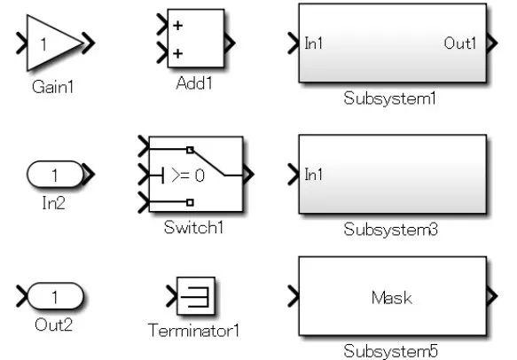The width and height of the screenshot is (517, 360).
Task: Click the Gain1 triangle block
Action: click(x=51, y=42)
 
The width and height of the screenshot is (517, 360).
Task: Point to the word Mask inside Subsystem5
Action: click(x=391, y=299)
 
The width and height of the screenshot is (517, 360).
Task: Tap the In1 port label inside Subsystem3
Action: click(x=314, y=175)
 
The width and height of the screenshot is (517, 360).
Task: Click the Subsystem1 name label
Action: click(x=390, y=98)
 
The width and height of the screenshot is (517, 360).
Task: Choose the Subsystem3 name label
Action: click(x=391, y=230)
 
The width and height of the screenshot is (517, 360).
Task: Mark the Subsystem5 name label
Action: click(x=391, y=351)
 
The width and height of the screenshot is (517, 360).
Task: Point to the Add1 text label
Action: click(x=194, y=82)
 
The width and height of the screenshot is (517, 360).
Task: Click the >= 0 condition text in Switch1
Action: click(x=186, y=176)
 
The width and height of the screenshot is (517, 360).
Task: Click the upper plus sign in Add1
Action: click(x=177, y=26)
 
